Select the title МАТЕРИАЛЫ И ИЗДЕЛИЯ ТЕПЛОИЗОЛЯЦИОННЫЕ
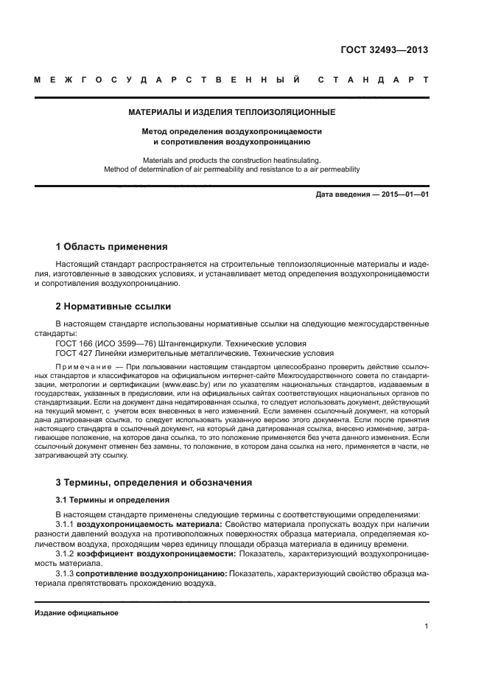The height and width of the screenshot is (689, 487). point(232,113)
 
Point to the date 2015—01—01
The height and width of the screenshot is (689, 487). point(401,195)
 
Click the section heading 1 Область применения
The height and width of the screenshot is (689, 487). point(112,247)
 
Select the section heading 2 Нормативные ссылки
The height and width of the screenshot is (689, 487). point(113,305)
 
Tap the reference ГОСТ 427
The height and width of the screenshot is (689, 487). point(73,354)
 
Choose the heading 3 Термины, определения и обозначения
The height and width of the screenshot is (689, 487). point(154,483)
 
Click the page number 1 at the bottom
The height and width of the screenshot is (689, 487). point(427,626)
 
